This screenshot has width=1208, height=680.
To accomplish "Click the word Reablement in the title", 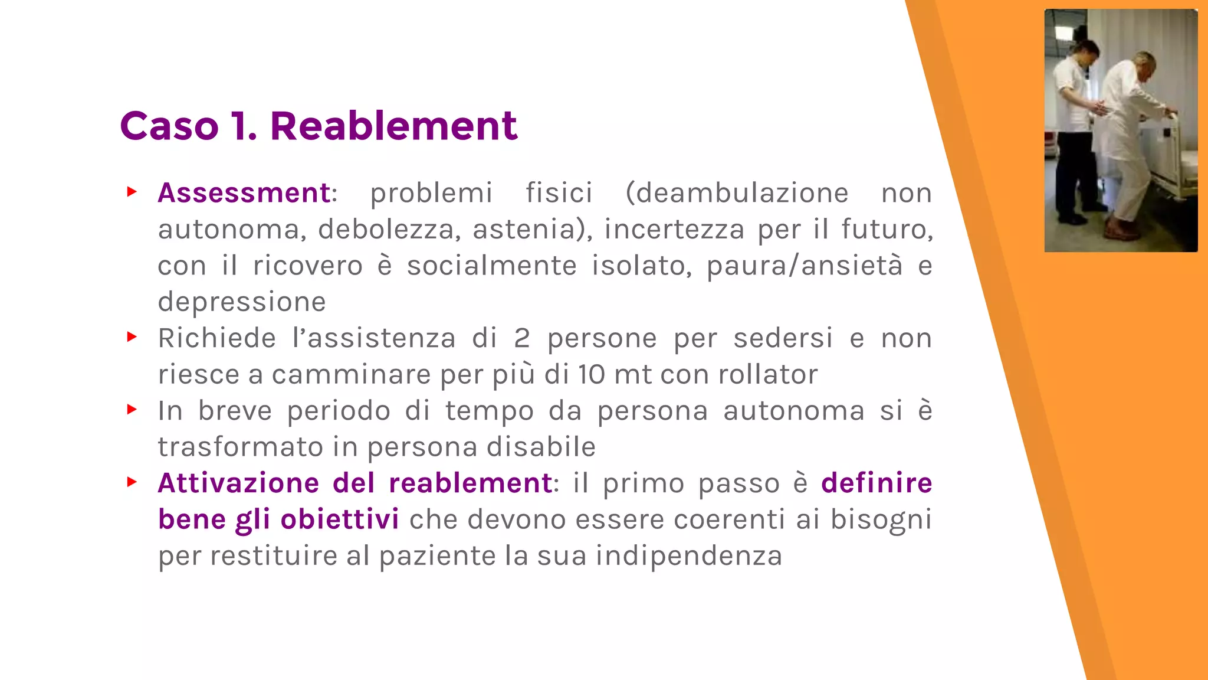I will click(393, 126).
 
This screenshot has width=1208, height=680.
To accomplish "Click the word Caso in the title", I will click(169, 126).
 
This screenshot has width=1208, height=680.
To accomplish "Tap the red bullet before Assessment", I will click(132, 192).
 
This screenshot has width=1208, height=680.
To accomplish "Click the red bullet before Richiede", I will click(132, 337).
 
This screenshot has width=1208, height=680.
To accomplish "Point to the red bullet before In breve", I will click(132, 410).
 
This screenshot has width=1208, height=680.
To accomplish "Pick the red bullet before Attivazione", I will click(132, 482).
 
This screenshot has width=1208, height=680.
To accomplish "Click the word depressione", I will click(242, 302).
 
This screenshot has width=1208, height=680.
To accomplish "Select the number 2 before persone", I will click(521, 339).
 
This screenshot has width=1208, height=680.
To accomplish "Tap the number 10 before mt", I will click(591, 375).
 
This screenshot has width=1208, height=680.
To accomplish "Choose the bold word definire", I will click(877, 483).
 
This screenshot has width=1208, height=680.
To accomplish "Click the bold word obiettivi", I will click(340, 519).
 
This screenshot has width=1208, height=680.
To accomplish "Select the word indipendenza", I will click(689, 556).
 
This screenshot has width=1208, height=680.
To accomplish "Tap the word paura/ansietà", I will click(805, 266).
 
